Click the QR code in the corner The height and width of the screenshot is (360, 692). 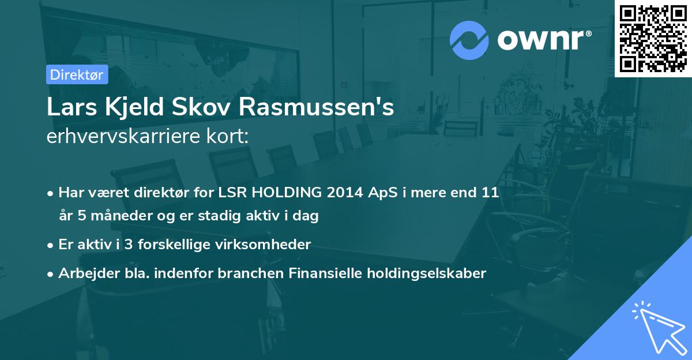[x=653, y=38]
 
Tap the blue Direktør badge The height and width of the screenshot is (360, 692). [x=77, y=74]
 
